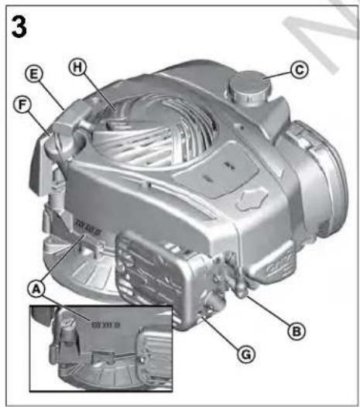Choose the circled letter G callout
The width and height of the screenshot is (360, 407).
click(x=246, y=355)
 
